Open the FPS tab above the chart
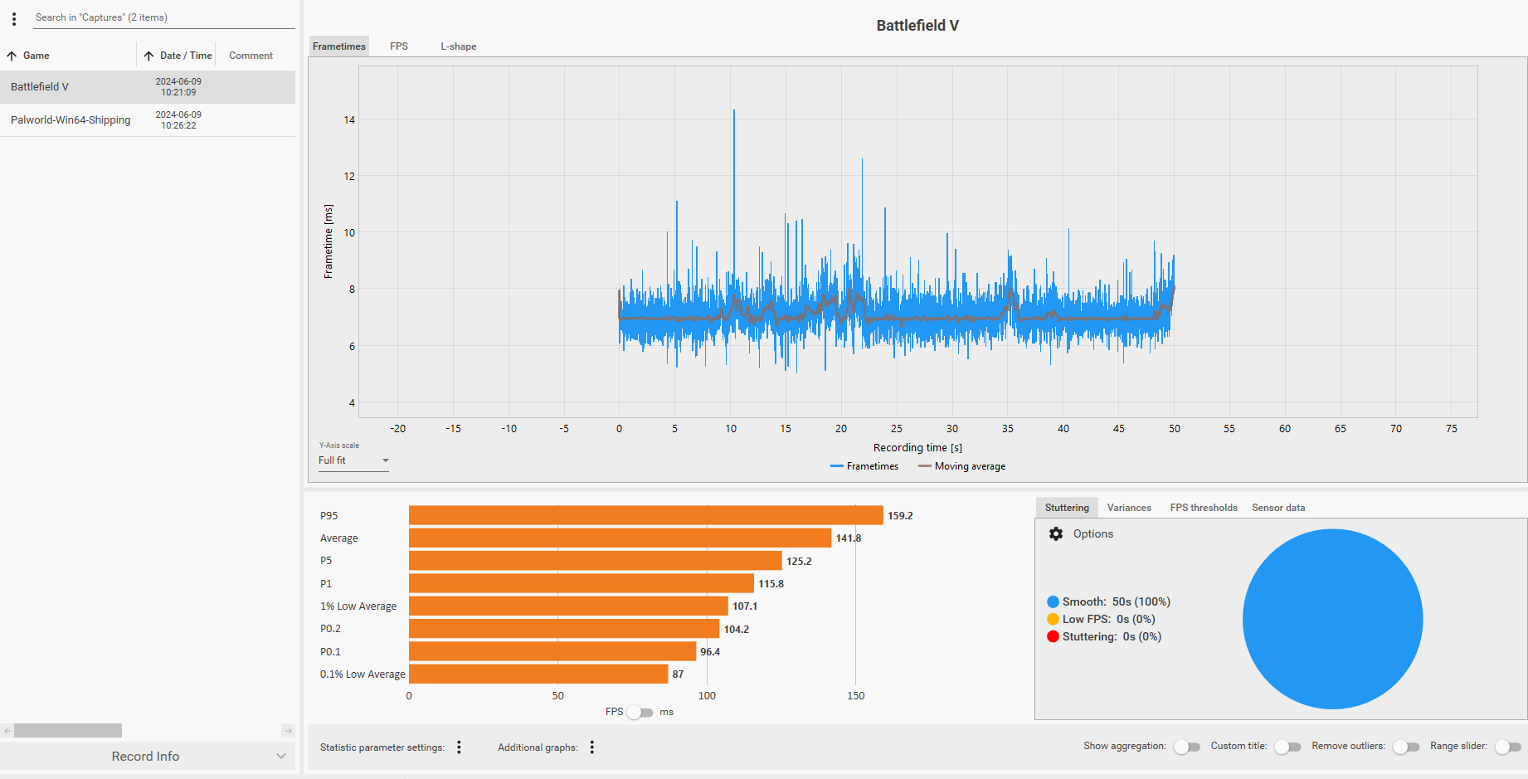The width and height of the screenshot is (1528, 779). [x=399, y=46]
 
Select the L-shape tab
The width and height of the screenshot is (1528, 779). [x=459, y=46]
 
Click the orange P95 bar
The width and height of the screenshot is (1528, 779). [x=646, y=515]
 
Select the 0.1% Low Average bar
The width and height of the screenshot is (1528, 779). [x=538, y=674]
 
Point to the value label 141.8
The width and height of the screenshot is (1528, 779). [x=849, y=538]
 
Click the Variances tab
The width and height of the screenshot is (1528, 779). [x=1129, y=508]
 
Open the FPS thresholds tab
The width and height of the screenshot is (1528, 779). [x=1204, y=508]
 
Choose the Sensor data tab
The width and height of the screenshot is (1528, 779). [x=1278, y=508]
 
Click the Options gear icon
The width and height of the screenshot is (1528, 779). [x=1056, y=534]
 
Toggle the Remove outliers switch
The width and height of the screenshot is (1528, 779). [x=1406, y=747]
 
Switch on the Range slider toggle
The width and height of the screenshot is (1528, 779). [x=1508, y=747]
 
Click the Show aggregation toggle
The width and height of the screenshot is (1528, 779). [x=1187, y=747]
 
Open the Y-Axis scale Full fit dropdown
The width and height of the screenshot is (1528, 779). [x=353, y=460]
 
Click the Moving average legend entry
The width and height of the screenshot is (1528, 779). [x=962, y=466]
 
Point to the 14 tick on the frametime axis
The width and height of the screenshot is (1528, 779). [x=349, y=120]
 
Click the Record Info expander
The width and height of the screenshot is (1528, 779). [x=148, y=756]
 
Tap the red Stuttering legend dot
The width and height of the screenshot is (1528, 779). [x=1054, y=636]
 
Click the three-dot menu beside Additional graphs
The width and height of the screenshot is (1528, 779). [x=592, y=747]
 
